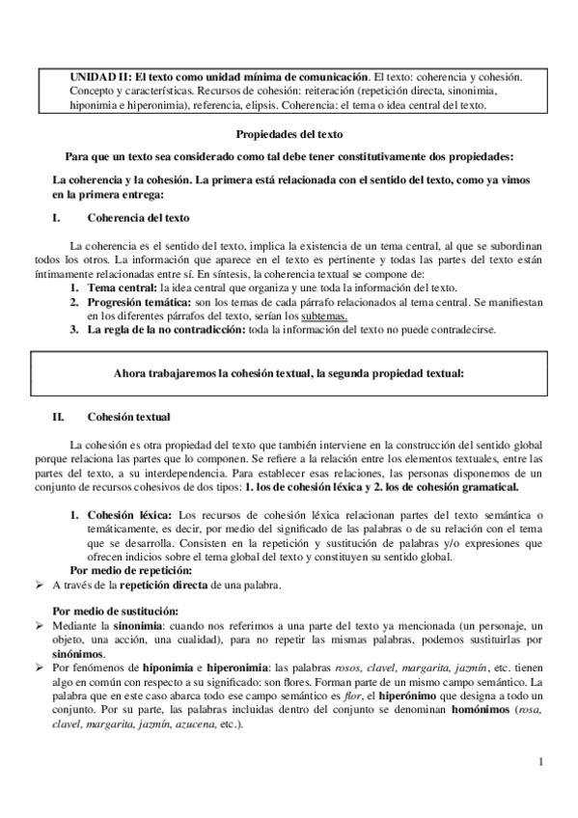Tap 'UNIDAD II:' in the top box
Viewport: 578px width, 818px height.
(x=100, y=74)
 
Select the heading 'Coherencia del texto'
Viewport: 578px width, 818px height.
(x=138, y=218)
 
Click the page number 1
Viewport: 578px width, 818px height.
(x=542, y=763)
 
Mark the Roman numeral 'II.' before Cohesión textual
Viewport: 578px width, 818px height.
(x=57, y=417)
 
